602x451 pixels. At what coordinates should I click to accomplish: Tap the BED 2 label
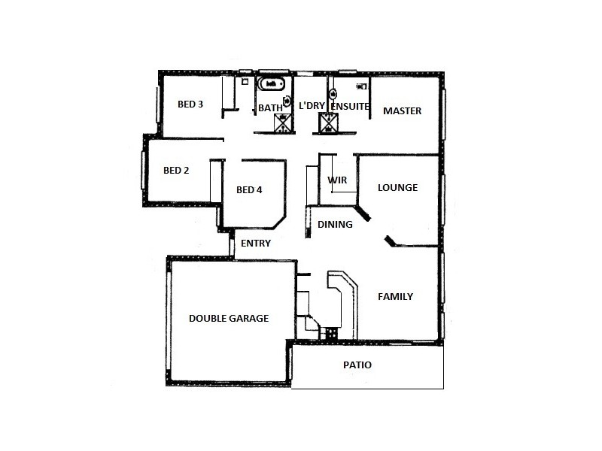[176, 170]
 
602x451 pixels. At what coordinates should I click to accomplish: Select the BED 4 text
[249, 189]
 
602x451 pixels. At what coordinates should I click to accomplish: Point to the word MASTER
[403, 110]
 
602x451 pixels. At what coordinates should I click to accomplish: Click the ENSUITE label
[351, 107]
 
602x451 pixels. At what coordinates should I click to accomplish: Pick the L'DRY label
[312, 107]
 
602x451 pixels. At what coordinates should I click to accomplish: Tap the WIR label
[336, 180]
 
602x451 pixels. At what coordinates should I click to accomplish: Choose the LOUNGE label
[397, 187]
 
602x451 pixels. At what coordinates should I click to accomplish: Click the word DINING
[335, 224]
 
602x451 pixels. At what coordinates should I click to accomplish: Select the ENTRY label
[256, 243]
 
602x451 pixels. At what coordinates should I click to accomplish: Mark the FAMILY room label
[395, 296]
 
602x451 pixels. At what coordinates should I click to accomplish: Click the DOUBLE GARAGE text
[229, 318]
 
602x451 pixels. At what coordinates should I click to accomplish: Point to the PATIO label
[357, 365]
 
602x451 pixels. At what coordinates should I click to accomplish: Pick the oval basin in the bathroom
[286, 100]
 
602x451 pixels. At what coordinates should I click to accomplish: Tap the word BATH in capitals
[270, 107]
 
